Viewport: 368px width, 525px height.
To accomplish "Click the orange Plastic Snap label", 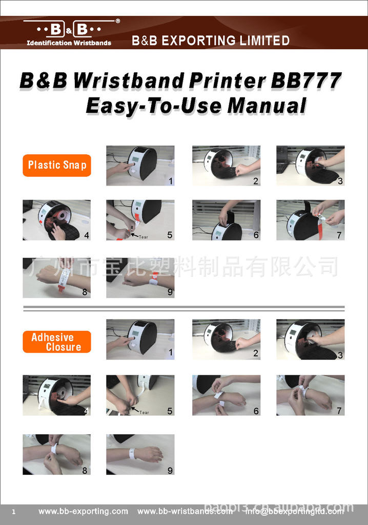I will pyautogui.click(x=57, y=165).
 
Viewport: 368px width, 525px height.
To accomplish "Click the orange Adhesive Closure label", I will pyautogui.click(x=57, y=342).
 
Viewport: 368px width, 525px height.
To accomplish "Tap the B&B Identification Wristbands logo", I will pyautogui.click(x=70, y=33).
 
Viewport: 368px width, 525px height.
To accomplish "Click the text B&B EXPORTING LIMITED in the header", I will pyautogui.click(x=211, y=41).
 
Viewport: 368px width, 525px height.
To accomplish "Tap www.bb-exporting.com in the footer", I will pyautogui.click(x=84, y=511).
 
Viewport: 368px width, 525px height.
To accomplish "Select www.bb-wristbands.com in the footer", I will pyautogui.click(x=185, y=511).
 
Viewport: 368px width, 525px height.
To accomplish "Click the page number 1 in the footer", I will pyautogui.click(x=14, y=512).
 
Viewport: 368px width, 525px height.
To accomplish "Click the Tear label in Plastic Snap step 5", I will pyautogui.click(x=143, y=237).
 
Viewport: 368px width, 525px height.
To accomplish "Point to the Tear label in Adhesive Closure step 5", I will pyautogui.click(x=144, y=412).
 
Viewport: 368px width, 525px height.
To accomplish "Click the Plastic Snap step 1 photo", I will pyautogui.click(x=140, y=165).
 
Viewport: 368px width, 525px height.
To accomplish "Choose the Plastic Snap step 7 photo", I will pyautogui.click(x=310, y=220).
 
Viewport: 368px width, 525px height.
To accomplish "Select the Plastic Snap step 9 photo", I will pyautogui.click(x=140, y=278).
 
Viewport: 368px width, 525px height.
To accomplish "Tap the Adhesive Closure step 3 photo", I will pyautogui.click(x=310, y=339).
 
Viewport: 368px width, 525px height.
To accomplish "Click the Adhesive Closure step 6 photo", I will pyautogui.click(x=226, y=395).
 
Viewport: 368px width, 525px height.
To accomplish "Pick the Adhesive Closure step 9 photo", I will pyautogui.click(x=140, y=454).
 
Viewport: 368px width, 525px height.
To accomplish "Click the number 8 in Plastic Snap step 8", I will pyautogui.click(x=85, y=293).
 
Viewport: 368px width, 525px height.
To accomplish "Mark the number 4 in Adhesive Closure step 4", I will pyautogui.click(x=86, y=411).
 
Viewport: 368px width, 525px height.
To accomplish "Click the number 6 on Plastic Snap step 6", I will pyautogui.click(x=256, y=235).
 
